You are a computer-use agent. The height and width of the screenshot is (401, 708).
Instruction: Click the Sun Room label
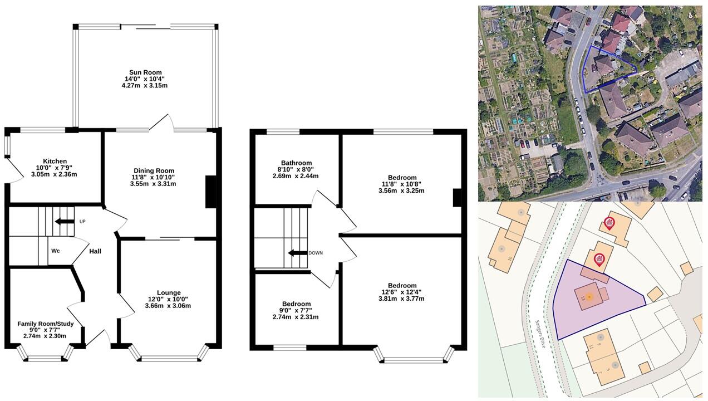point(145,72)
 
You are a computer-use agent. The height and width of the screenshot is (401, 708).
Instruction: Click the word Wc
point(56,251)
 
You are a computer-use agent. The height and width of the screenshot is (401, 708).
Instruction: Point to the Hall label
point(95,251)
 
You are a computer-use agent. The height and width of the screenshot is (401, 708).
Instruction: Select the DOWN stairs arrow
point(298,253)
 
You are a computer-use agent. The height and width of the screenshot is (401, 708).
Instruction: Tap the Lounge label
point(169,293)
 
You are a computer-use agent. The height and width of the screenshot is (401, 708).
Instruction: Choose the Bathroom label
point(296,163)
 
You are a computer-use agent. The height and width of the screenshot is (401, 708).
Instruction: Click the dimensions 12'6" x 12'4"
point(402,292)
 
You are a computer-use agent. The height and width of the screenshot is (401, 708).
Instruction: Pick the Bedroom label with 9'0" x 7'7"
point(296,304)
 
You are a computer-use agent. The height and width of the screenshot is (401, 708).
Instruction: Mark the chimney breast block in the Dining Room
point(211,192)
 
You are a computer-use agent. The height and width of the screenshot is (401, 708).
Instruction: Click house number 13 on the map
point(583,298)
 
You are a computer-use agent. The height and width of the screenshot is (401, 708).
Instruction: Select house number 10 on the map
point(510,258)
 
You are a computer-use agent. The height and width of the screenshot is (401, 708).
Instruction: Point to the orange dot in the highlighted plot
point(589,297)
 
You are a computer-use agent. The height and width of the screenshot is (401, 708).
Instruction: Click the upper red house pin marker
point(609,224)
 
